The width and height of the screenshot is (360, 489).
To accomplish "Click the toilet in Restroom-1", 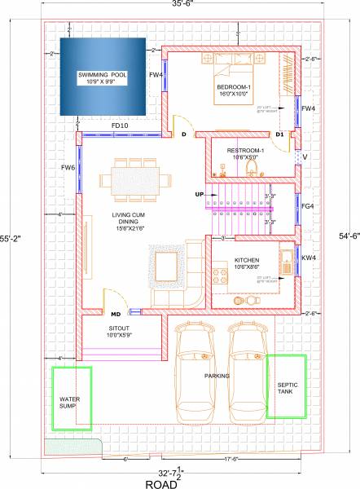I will click(x=252, y=168).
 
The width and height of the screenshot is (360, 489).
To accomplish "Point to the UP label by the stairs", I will click(x=199, y=195).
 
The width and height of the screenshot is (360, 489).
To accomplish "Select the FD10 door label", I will click(x=120, y=125).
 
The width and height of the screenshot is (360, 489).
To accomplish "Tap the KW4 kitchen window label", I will click(x=308, y=258).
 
